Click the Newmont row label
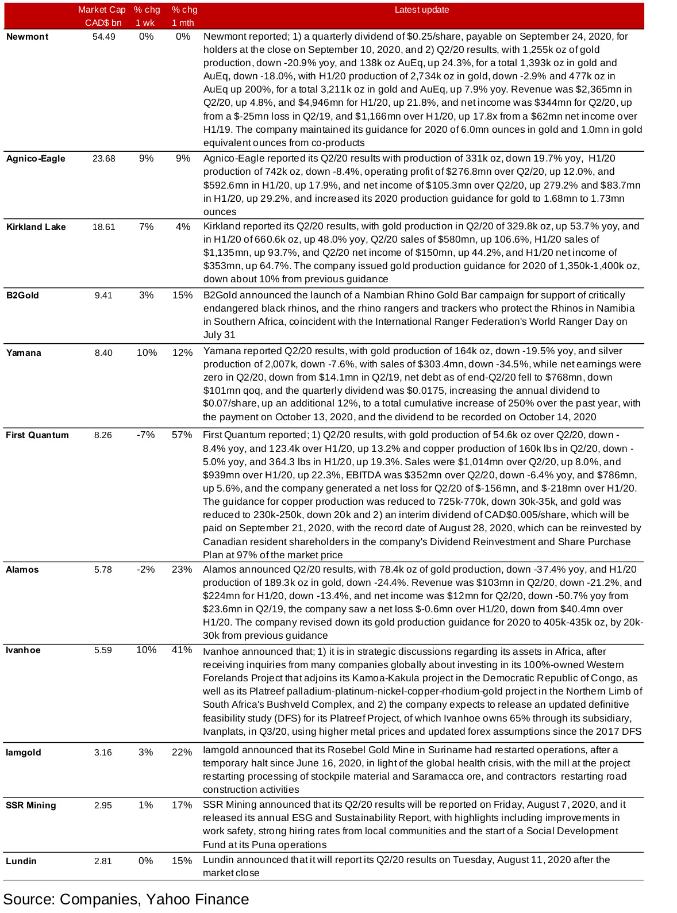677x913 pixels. tap(27, 37)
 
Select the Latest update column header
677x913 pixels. tap(422, 10)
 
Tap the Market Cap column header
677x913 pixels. tap(101, 16)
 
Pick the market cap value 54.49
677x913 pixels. tap(103, 37)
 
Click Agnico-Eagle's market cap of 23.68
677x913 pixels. tap(103, 159)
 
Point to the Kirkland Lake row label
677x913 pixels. tap(36, 227)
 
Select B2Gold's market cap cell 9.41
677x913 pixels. tap(103, 296)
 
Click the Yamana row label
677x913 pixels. tap(24, 353)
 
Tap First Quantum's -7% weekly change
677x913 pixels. tap(145, 435)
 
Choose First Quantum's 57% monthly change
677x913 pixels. tap(182, 435)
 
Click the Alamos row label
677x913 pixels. tap(22, 570)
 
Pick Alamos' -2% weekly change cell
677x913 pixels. tap(145, 570)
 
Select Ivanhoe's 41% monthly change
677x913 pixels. tap(182, 650)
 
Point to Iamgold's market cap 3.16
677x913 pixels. tap(103, 753)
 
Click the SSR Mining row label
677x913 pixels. tap(31, 805)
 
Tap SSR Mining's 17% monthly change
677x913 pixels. tap(182, 805)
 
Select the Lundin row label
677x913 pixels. tap(21, 861)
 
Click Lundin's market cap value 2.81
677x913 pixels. tap(103, 861)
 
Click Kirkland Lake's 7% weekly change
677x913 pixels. tap(146, 227)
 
